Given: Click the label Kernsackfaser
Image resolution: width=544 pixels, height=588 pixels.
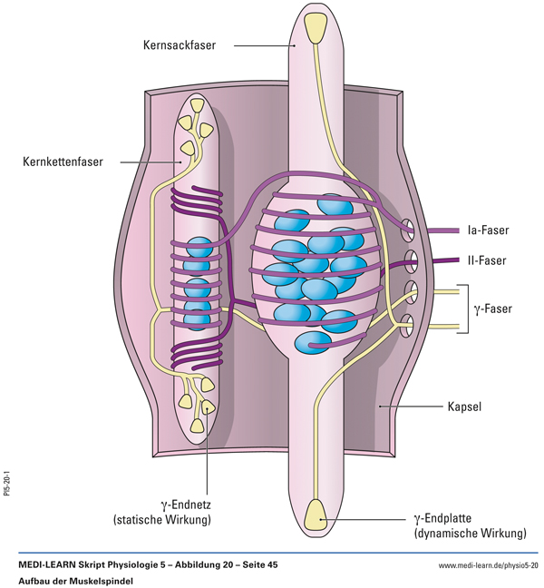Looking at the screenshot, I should tap(178, 44).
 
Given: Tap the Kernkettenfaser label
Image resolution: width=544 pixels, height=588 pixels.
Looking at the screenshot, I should tap(63, 162).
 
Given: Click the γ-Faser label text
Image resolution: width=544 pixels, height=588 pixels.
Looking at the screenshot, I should tap(493, 309).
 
